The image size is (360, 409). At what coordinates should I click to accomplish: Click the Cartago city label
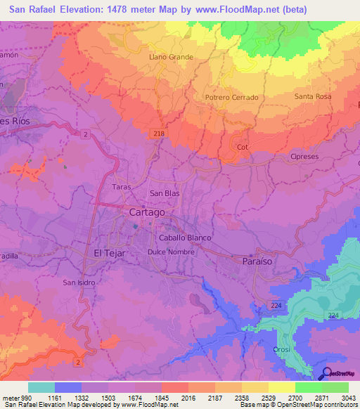[x=148, y=212]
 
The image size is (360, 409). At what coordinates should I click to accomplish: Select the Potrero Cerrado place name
[x=231, y=97]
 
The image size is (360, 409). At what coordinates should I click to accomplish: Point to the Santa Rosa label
[x=314, y=96]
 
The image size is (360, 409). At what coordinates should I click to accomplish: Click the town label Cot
[x=243, y=147]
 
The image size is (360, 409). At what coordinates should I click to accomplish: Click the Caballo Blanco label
[x=185, y=238]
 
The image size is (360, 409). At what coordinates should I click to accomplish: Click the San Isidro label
[x=79, y=283]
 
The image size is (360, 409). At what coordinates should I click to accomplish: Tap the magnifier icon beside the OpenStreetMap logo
[x=326, y=373]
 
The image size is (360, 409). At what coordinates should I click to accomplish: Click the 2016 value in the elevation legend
[x=188, y=398]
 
